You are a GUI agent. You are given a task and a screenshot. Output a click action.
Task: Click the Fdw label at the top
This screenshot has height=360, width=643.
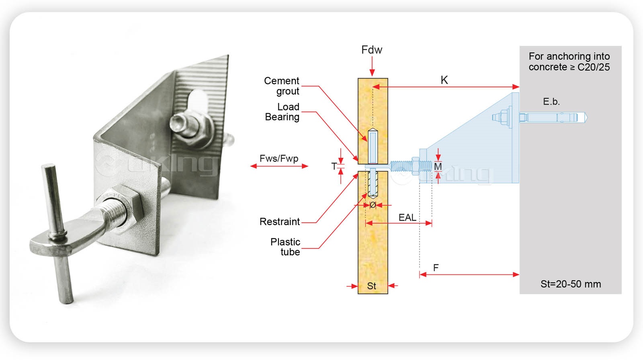click(x=372, y=50)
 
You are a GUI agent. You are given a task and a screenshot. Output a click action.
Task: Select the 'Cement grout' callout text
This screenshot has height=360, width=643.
click(x=282, y=86)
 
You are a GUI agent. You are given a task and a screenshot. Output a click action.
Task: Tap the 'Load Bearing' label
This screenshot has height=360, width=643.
click(x=283, y=112)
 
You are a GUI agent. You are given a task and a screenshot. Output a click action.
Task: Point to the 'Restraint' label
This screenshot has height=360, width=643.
click(x=280, y=222)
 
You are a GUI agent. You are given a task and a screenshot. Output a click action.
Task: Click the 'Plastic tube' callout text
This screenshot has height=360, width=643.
click(x=285, y=247)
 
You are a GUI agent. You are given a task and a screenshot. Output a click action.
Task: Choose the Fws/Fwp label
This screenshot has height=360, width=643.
click(x=279, y=158)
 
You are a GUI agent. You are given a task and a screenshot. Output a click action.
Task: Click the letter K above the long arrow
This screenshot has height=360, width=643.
click(x=444, y=80)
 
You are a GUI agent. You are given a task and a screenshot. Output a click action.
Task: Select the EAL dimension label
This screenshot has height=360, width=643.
click(x=407, y=217)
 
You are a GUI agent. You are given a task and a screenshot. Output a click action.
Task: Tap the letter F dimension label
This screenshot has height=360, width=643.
click(x=436, y=268)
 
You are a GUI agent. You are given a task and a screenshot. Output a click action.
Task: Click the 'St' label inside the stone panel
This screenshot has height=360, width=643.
click(x=372, y=286)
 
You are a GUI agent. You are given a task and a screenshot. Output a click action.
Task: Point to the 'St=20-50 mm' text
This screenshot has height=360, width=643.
click(x=571, y=284)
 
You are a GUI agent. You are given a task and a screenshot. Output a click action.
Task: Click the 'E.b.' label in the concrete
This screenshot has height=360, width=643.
click(x=551, y=102)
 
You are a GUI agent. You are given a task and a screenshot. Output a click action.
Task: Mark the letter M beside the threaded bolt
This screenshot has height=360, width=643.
click(x=438, y=166)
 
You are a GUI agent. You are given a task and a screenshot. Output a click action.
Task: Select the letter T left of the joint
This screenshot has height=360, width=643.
click(x=334, y=166)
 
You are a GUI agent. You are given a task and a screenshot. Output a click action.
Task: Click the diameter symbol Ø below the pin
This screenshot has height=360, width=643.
click(x=373, y=205)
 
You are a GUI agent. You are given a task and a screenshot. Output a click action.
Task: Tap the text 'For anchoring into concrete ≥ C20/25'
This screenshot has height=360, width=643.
click(x=569, y=61)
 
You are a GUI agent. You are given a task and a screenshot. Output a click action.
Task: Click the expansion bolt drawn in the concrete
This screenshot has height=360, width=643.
click(x=553, y=117)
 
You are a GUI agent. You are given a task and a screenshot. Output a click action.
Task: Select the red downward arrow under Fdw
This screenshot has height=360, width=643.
click(x=372, y=66)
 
